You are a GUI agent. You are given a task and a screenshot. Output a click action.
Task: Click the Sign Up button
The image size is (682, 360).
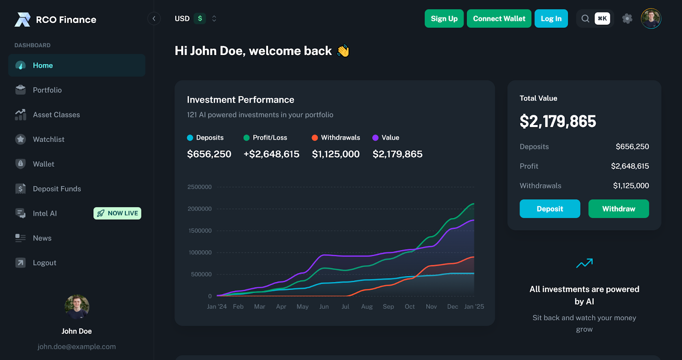tap(444, 19)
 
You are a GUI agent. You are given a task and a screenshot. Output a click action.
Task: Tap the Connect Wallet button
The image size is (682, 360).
tap(499, 19)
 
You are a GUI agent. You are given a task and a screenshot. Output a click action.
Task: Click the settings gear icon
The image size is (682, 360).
tap(627, 19)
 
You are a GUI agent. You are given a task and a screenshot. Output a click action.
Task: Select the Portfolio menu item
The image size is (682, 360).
tap(47, 90)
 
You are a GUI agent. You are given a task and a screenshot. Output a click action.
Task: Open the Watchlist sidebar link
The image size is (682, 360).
tap(49, 139)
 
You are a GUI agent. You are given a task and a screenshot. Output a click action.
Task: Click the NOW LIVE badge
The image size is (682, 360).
tap(117, 213)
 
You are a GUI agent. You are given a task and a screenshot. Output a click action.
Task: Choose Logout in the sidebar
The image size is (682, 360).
tap(44, 263)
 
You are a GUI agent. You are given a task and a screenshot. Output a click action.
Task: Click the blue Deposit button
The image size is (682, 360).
tap(549, 209)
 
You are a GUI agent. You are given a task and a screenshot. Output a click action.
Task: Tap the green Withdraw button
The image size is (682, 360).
tap(618, 209)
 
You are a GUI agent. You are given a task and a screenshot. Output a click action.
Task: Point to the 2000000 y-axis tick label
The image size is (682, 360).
tap(199, 209)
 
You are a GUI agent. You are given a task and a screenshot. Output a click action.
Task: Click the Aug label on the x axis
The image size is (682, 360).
tap(367, 307)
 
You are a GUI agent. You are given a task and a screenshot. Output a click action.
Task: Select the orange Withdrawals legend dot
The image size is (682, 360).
tap(315, 138)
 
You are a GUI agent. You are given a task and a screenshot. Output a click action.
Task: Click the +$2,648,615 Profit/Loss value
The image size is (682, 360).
tap(271, 154)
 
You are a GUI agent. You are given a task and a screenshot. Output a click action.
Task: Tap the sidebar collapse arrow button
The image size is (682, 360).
tap(154, 19)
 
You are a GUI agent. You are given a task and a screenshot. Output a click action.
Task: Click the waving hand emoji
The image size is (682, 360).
tap(343, 51)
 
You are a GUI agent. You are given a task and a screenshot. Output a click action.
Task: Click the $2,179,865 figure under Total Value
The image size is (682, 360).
tap(558, 122)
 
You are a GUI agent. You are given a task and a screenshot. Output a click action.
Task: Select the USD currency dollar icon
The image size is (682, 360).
tap(200, 19)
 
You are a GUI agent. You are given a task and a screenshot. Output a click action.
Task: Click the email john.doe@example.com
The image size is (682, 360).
tap(77, 347)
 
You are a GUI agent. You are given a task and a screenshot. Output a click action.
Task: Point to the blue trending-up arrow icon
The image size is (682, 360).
tap(584, 263)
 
